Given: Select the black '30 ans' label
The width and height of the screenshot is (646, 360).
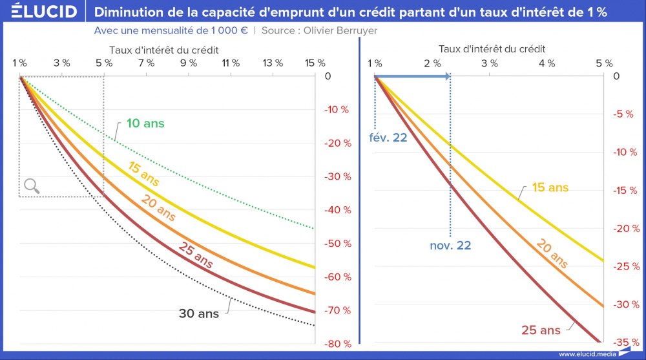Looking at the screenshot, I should (x=199, y=314).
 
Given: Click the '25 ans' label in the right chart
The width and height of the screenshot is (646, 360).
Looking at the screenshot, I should (x=541, y=330).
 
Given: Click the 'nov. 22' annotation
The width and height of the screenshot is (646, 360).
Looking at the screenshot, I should (x=450, y=246).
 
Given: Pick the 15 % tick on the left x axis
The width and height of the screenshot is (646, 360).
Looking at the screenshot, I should (x=315, y=63).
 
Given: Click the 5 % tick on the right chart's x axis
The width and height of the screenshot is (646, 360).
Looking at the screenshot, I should (x=603, y=63).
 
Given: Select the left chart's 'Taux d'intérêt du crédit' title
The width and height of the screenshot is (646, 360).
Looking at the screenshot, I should (x=164, y=49).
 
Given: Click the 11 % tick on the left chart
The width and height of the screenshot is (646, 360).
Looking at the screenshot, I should (x=230, y=63).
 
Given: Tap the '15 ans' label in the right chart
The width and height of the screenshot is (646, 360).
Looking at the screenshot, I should (x=550, y=187).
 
